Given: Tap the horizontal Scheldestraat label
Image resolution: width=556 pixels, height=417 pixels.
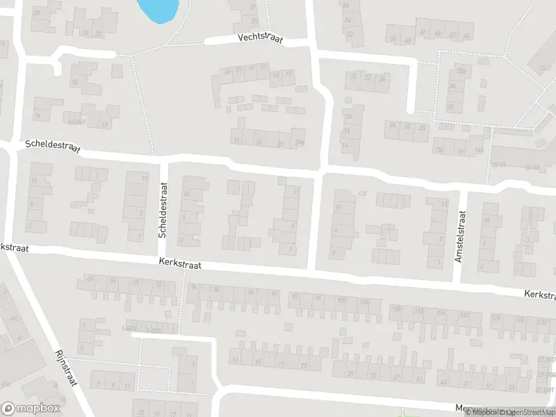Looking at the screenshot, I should tap(53, 147).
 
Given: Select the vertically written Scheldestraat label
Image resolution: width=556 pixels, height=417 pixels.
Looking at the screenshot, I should tap(163, 211).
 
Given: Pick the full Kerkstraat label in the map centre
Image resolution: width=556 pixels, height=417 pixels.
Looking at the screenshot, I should tap(180, 262).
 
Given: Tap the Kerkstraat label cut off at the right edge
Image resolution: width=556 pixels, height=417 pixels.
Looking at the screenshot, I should tap(540, 296).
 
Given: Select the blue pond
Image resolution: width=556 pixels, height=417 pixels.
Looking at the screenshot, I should tap(159, 10).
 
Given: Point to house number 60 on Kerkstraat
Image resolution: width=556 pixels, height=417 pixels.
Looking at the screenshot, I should tap(90, 279).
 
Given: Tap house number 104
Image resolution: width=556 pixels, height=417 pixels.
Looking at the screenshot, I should tap(366, 301).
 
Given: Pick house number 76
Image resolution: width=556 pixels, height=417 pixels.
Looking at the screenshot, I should tap(194, 288).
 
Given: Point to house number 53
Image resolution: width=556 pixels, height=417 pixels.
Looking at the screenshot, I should tap(512, 387).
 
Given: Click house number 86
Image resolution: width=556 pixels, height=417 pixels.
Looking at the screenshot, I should tap(252, 293).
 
